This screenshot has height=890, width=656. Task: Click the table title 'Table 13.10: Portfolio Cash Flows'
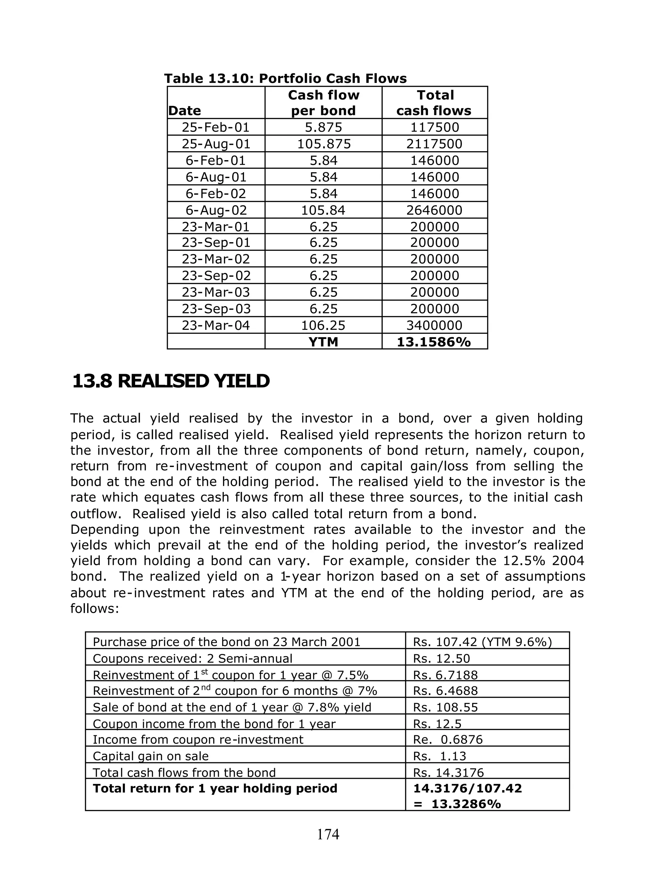[x=285, y=78]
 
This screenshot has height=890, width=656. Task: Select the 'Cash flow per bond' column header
[x=323, y=103]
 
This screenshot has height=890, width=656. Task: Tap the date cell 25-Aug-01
[x=216, y=144]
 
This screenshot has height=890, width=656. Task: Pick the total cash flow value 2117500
[x=434, y=144]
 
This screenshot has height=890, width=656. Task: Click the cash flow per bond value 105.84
[x=323, y=210]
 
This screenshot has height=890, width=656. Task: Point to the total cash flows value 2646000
[x=434, y=210]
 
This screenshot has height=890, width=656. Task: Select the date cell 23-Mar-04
[x=216, y=325]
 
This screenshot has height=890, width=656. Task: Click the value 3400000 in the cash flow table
[x=434, y=325]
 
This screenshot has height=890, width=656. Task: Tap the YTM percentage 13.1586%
[x=434, y=342]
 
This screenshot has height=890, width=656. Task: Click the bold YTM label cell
[x=323, y=342]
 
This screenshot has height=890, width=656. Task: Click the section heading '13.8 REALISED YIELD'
[x=171, y=381]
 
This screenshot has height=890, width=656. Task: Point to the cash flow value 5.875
[x=323, y=127]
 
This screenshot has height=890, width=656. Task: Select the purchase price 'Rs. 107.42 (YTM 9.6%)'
[x=482, y=642]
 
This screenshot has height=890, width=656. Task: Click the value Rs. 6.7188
[x=445, y=675]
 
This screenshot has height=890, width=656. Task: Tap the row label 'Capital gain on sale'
[x=151, y=756]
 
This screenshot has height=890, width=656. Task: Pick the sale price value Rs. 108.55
[x=445, y=707]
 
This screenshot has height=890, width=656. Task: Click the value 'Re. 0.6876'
[x=447, y=739]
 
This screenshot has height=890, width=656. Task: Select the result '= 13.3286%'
[x=457, y=804]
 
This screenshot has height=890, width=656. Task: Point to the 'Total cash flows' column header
[x=434, y=103]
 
